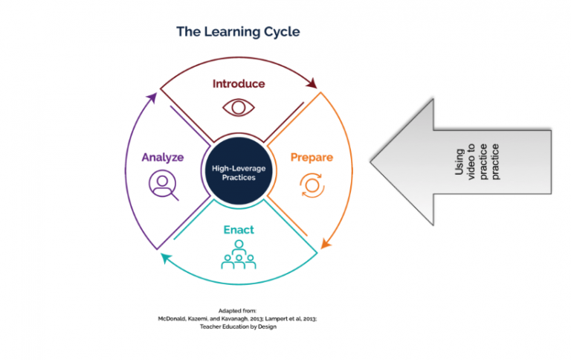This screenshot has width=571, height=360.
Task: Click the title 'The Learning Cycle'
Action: pyautogui.click(x=238, y=32)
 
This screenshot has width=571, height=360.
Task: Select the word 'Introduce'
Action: pyautogui.click(x=238, y=83)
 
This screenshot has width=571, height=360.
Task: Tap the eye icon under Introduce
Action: pyautogui.click(x=238, y=106)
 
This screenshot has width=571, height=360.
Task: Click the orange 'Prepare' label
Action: pyautogui.click(x=311, y=158)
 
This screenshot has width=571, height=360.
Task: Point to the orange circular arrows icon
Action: pyautogui.click(x=311, y=184)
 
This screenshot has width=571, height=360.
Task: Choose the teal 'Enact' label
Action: pyautogui.click(x=238, y=230)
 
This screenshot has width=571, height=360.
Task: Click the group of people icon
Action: pyautogui.click(x=238, y=256)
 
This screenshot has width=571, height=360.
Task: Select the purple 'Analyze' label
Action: pyautogui.click(x=162, y=158)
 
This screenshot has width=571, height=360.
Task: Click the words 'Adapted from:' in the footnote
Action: pyautogui.click(x=237, y=310)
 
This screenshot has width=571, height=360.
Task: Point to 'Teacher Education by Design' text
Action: pyautogui.click(x=237, y=327)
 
